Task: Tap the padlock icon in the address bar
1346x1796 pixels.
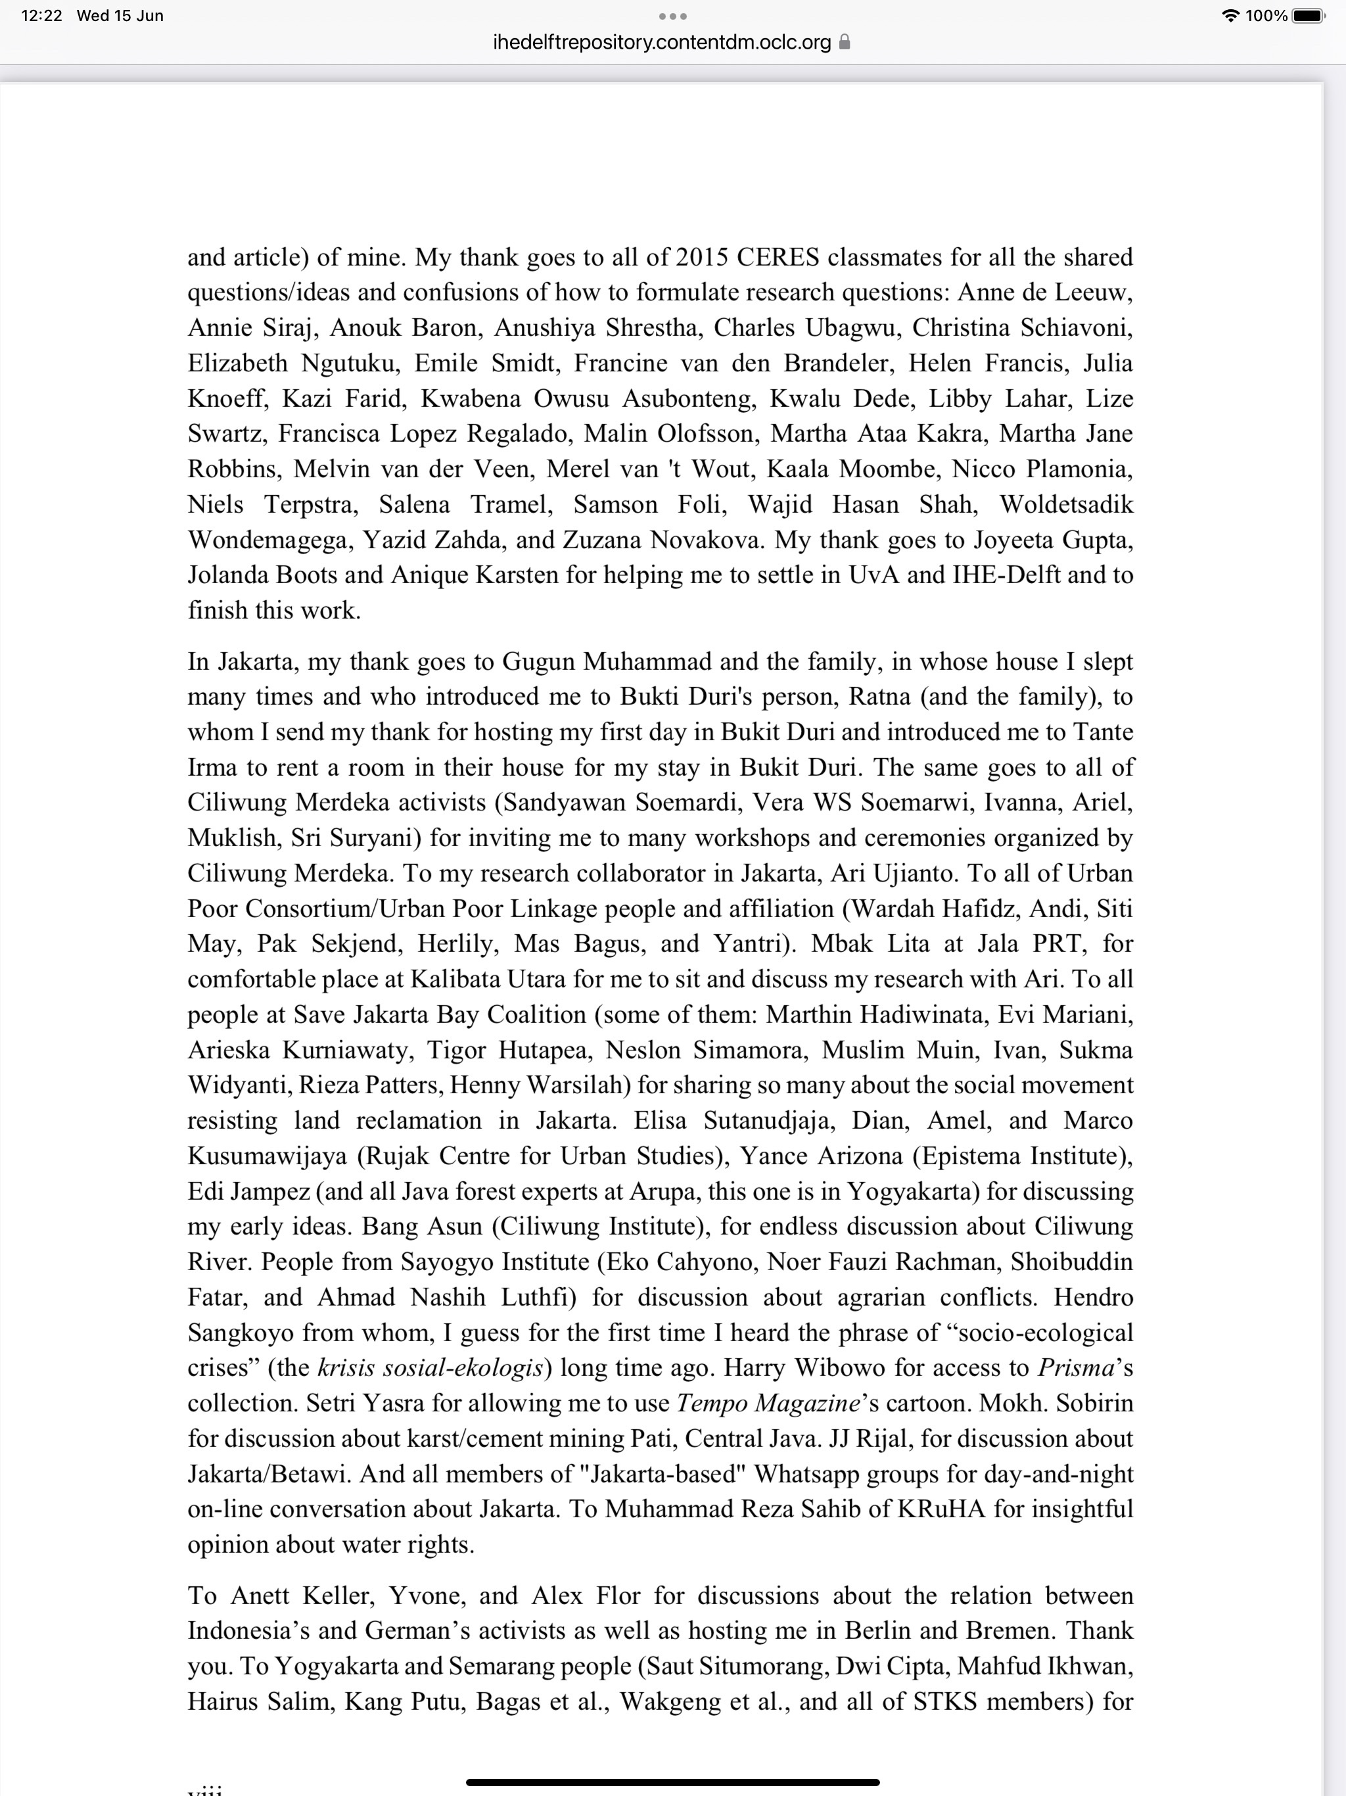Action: click(845, 42)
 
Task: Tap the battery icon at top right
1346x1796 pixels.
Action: click(1309, 15)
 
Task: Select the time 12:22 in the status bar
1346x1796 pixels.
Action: click(41, 15)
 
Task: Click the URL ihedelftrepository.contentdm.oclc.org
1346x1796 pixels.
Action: click(662, 42)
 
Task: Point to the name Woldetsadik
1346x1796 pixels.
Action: click(1066, 504)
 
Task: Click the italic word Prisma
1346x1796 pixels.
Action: click(1076, 1367)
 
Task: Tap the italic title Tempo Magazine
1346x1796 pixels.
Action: click(768, 1403)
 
